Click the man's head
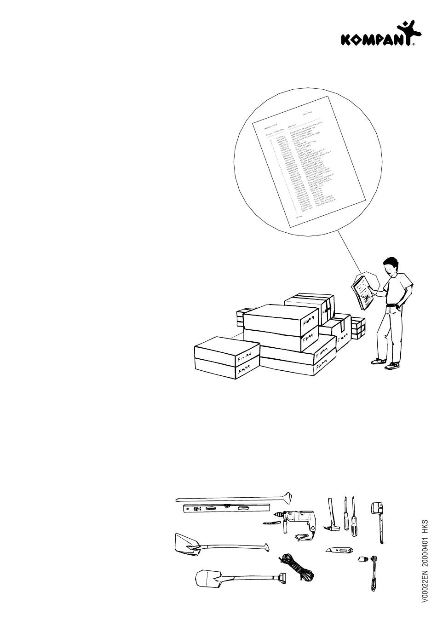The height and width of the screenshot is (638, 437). click(x=391, y=266)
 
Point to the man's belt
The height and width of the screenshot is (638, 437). click(x=392, y=305)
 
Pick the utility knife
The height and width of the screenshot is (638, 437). click(x=338, y=550)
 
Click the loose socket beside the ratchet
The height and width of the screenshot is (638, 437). click(x=361, y=559)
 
